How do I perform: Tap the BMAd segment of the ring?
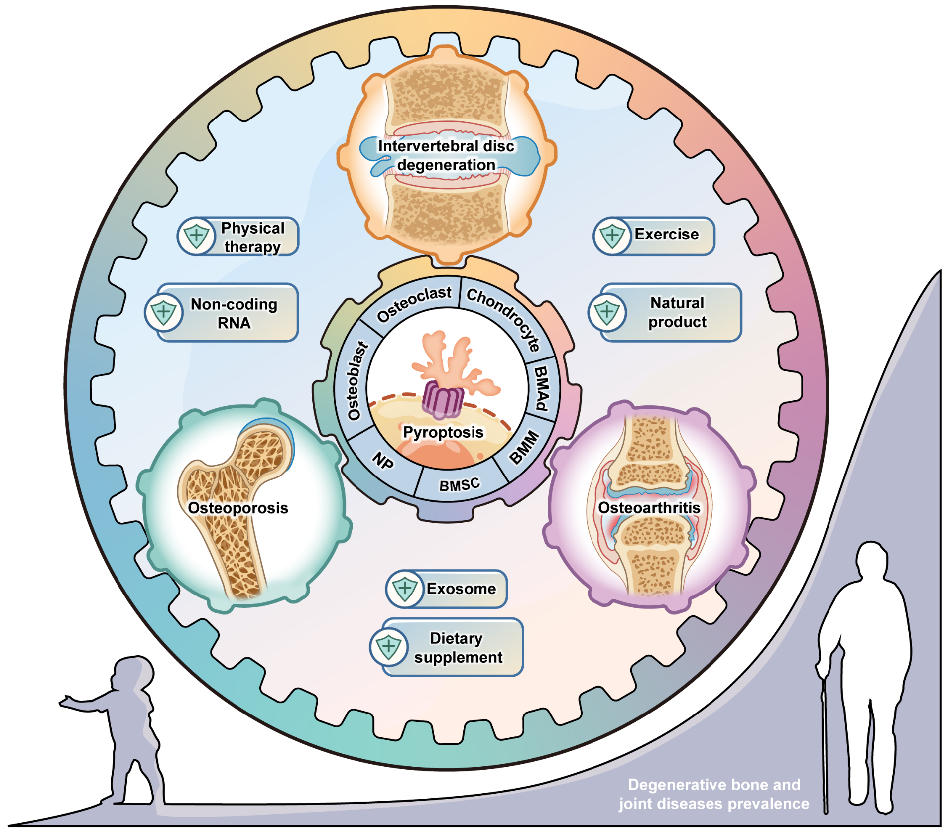point(542,388)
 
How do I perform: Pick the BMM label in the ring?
point(524,447)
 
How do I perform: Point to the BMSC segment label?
point(459,484)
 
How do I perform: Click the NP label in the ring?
point(383,461)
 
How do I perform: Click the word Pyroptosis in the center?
point(443,432)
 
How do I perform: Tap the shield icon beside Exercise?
point(612,236)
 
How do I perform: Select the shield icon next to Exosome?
point(405,589)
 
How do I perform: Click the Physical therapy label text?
point(252,237)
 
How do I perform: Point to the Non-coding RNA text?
point(234,313)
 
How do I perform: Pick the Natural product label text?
point(677,312)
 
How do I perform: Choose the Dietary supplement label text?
point(458,648)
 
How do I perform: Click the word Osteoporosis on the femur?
point(238,508)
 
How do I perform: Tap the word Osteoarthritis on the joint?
point(649,508)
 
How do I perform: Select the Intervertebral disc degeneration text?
point(446,155)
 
